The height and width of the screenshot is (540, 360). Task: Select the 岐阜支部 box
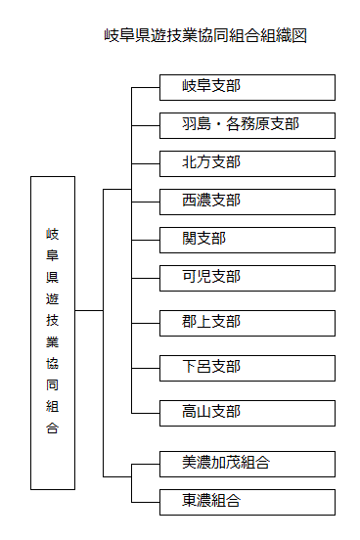tap(247, 87)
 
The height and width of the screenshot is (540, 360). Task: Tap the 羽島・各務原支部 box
tap(247, 125)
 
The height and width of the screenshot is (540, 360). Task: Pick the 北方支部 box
tap(247, 162)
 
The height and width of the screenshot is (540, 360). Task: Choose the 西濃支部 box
tap(247, 201)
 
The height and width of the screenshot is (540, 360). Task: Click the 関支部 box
tap(247, 239)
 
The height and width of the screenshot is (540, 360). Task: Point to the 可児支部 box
tap(247, 277)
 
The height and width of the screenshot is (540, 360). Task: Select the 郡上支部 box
tap(247, 322)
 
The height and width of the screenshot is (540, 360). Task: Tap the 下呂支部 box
tap(247, 367)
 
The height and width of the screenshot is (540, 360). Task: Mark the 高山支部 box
tap(247, 412)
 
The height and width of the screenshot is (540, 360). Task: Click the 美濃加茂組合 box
tap(247, 463)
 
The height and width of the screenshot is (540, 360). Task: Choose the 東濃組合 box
tap(247, 502)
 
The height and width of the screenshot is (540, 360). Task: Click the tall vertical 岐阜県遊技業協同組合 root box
tap(53, 333)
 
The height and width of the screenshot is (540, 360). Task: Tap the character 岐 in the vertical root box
tap(53, 235)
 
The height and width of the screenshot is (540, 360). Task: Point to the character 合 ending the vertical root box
tap(53, 428)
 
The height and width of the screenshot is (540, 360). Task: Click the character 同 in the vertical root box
tap(53, 384)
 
